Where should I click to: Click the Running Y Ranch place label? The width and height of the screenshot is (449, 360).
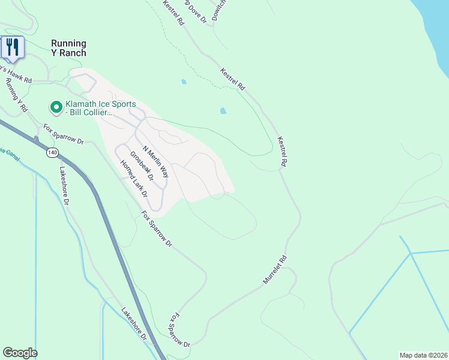coord(68,48)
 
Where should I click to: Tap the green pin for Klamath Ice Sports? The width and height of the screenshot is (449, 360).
coord(56,107)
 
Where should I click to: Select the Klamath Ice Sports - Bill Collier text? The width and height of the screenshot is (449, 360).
coord(100,108)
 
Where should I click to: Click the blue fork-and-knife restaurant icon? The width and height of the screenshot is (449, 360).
coord(12,47)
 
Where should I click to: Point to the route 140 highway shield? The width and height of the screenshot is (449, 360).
coord(53,153)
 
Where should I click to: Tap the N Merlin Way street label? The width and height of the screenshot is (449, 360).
coord(155,161)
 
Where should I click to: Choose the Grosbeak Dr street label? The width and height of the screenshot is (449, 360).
coord(142,164)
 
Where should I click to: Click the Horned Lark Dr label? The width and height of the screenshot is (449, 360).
coord(133,178)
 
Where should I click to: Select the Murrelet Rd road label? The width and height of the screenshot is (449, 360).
coord(276,270)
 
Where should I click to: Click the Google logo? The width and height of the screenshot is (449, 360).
coord(20,353)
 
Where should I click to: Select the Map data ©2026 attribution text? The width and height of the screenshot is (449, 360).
coord(423,355)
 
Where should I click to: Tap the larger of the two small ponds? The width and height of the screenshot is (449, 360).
coord(223,111)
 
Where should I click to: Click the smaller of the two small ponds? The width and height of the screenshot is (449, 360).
coord(184,82)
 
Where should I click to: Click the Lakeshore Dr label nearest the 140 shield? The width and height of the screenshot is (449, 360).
coord(64,185)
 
